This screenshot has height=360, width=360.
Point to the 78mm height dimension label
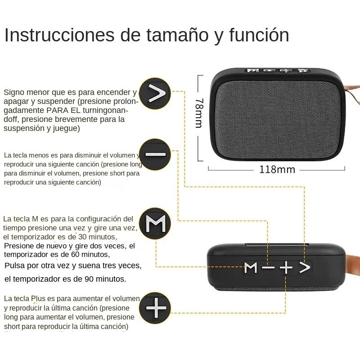[x=198, y=113]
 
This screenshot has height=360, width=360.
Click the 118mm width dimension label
[x=277, y=170]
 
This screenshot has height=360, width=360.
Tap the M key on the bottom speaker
[x=251, y=268]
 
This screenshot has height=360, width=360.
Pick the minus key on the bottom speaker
[x=269, y=268]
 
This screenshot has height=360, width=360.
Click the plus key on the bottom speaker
[x=286, y=268]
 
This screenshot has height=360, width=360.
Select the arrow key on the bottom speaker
[x=305, y=268]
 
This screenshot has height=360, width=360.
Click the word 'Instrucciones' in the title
[x=59, y=35]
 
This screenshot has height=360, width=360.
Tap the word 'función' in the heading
[x=259, y=35]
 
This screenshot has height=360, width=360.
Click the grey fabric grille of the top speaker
[x=279, y=117]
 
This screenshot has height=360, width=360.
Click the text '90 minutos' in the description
[x=105, y=279]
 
